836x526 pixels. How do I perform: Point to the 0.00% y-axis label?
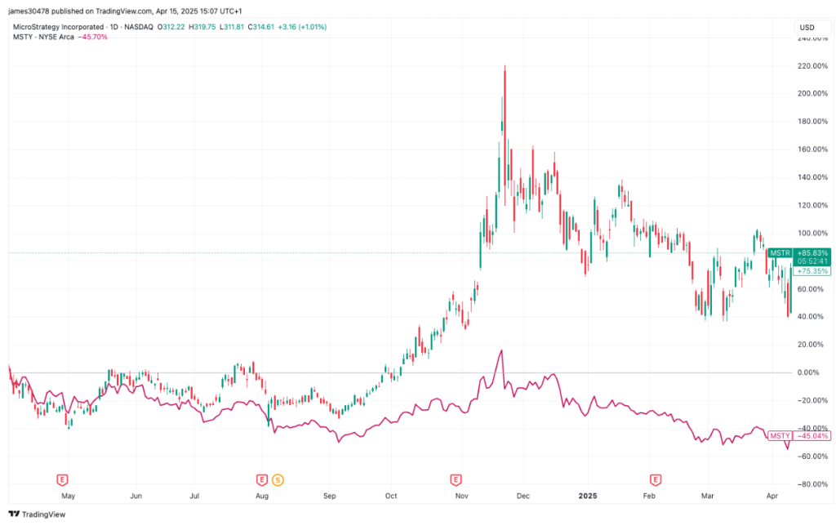pos(808,372)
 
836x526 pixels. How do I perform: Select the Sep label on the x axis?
pos(330,496)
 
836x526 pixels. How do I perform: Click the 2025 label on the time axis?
pos(588,496)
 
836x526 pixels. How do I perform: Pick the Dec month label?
pos(522,496)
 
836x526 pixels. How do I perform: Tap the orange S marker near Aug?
pos(278,479)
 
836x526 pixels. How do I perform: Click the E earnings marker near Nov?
pos(456,479)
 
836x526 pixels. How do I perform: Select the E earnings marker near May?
pos(60,479)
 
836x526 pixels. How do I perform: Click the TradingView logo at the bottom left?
pos(37,515)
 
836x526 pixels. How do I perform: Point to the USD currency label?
pos(807,28)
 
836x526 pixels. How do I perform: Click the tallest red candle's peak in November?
pos(505,66)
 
